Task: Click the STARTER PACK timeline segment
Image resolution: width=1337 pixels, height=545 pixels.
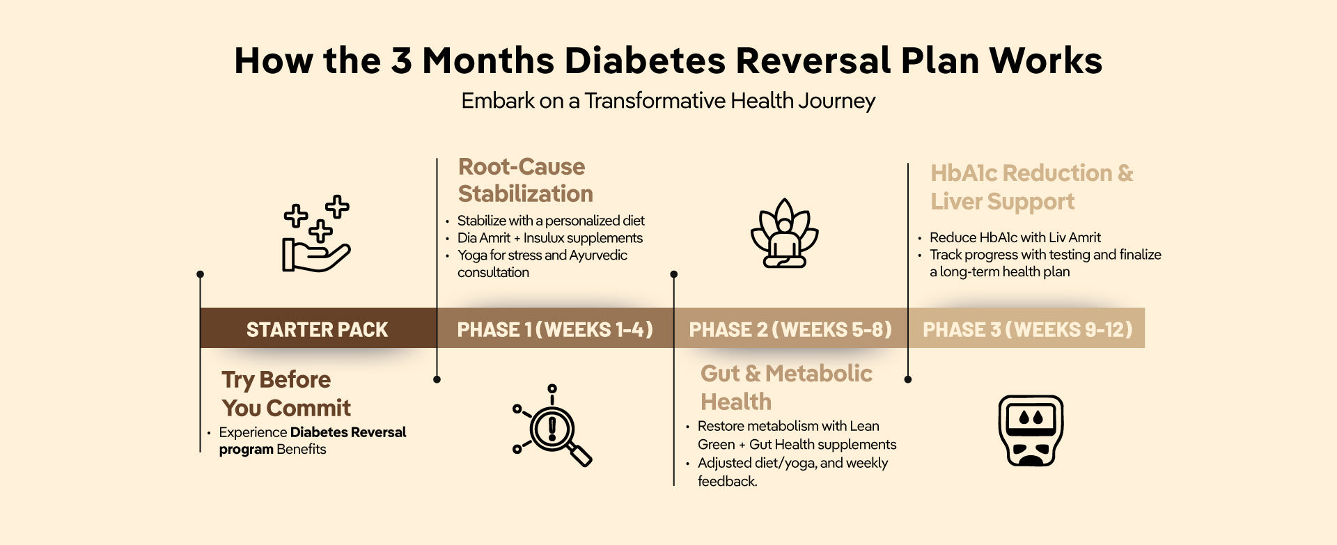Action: [318, 328]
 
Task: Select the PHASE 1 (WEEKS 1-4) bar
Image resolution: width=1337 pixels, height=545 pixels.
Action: [555, 328]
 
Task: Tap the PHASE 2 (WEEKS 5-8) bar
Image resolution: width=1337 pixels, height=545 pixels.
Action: [790, 328]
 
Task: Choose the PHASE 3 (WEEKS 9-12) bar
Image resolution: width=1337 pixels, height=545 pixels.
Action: [1026, 328]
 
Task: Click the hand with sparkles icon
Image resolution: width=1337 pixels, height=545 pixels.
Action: [316, 234]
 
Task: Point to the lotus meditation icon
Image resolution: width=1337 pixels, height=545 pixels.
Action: [785, 233]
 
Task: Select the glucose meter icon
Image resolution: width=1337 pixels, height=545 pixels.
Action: [1031, 431]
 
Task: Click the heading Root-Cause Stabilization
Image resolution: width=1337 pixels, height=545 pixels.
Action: [526, 180]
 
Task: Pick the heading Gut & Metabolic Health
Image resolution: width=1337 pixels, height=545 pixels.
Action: [786, 388]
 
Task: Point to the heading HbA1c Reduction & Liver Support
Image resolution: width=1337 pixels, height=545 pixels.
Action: [1032, 187]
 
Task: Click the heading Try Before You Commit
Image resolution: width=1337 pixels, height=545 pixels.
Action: [286, 393]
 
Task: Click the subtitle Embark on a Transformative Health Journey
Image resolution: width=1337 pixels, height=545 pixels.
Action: [668, 101]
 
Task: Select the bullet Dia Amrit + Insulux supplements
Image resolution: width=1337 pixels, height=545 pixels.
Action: [549, 238]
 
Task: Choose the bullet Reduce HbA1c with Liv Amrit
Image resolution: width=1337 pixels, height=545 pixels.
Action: [1015, 237]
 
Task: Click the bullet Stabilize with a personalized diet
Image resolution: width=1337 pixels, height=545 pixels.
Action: [551, 221]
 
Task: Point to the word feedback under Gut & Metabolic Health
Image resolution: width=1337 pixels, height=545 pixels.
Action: [728, 481]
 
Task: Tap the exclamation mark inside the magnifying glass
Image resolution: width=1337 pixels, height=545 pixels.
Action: [552, 427]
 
